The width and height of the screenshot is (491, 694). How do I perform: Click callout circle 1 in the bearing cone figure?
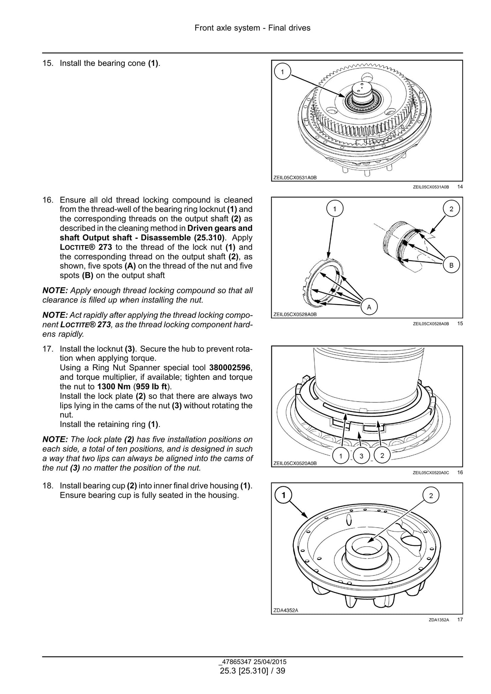[x=283, y=72]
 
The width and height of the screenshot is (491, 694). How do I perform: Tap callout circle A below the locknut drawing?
[x=369, y=307]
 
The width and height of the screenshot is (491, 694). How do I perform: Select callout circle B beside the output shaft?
[x=451, y=265]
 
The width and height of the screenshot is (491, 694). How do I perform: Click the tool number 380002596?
[x=231, y=368]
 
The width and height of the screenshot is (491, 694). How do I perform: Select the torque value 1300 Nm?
[x=114, y=387]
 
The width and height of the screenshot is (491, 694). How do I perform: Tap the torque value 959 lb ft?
[x=152, y=387]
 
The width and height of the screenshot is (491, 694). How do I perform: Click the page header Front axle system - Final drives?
[x=252, y=28]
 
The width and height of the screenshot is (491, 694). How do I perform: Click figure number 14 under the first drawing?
[x=460, y=186]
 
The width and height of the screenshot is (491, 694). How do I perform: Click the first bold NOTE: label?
[x=55, y=290]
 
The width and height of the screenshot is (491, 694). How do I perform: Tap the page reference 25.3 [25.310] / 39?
[x=252, y=671]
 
